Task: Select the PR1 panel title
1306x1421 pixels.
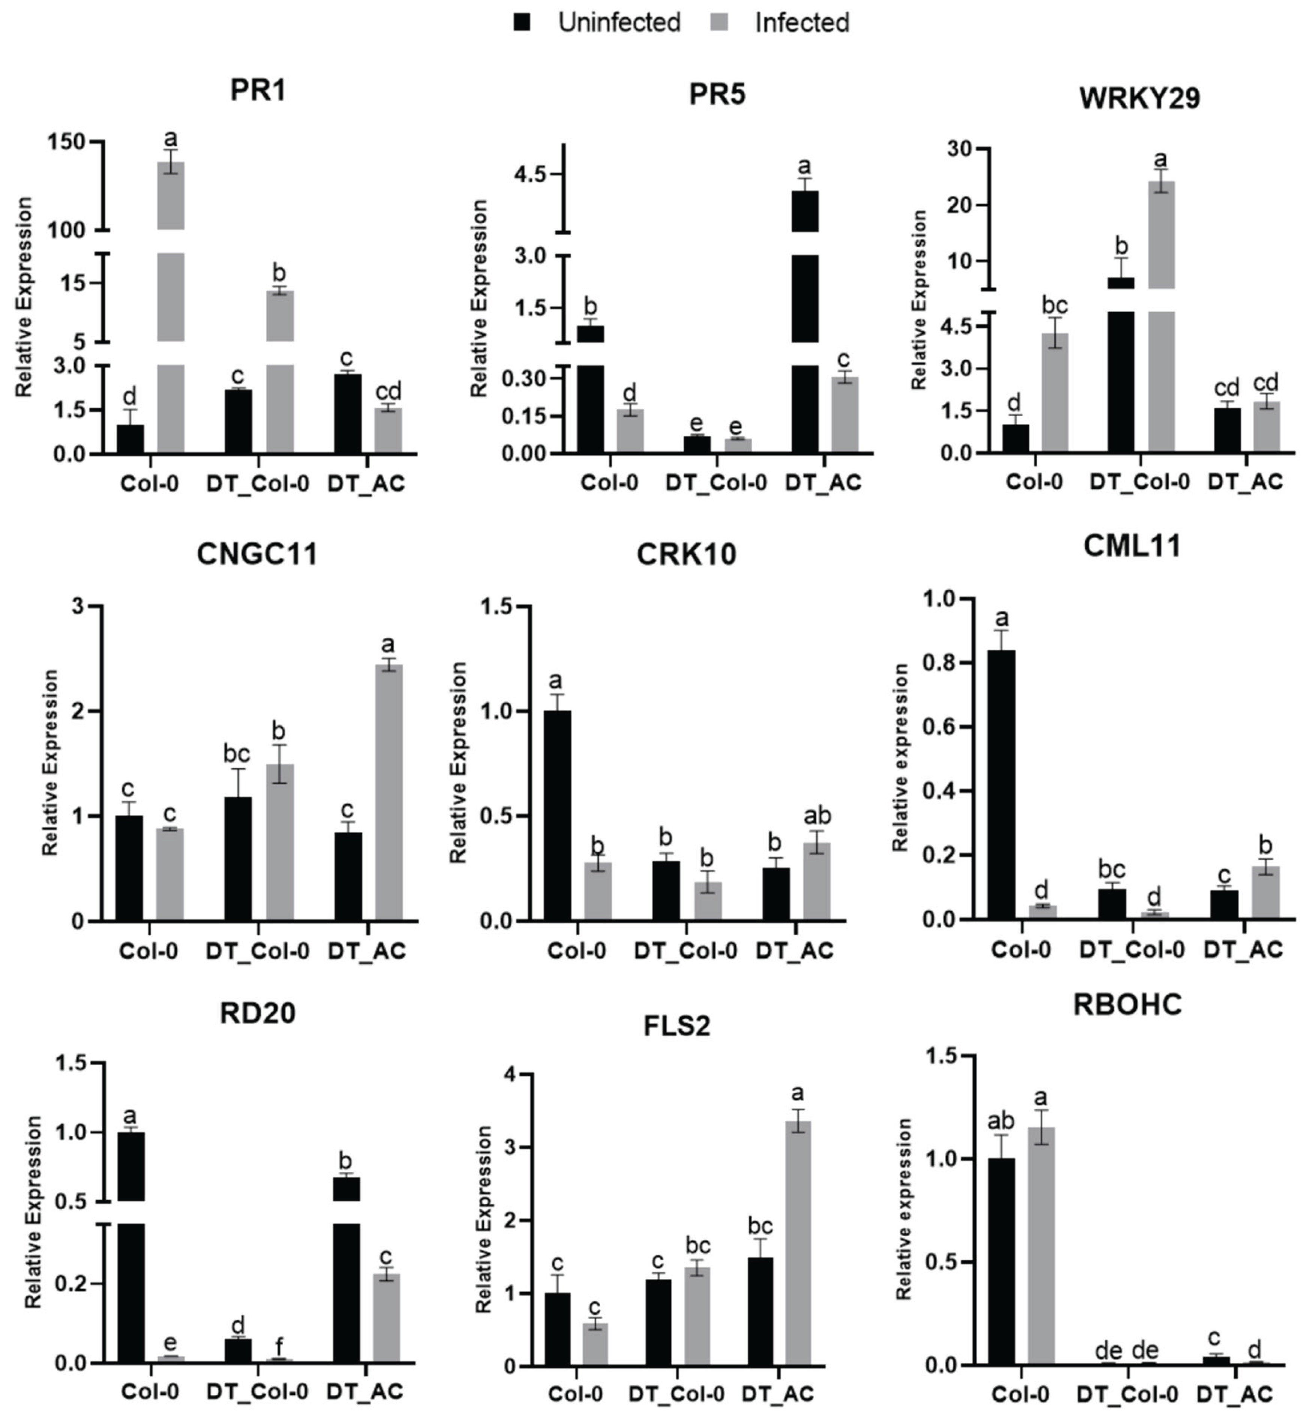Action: pyautogui.click(x=258, y=91)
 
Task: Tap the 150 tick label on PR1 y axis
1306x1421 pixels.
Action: pyautogui.click(x=67, y=142)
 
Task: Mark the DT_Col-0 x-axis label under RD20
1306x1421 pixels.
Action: pyautogui.click(x=257, y=1391)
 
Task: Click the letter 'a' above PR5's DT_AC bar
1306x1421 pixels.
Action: pyautogui.click(x=804, y=167)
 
